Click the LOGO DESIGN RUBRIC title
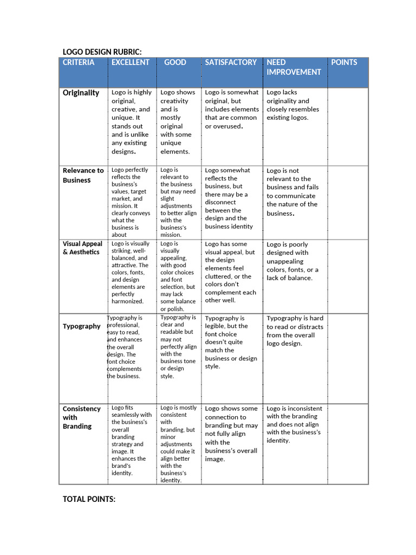(x=102, y=52)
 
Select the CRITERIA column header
(x=79, y=62)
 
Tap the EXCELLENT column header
(x=130, y=62)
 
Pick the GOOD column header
(x=175, y=62)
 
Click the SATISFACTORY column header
(x=231, y=62)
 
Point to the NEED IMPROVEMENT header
(x=294, y=67)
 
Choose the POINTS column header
(x=344, y=62)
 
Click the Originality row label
(x=81, y=93)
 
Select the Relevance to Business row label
(x=83, y=175)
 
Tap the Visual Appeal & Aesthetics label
(x=82, y=248)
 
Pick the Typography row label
(x=81, y=326)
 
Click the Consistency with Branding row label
(x=81, y=417)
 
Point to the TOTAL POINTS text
(x=89, y=499)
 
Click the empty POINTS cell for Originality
(x=348, y=126)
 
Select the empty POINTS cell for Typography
(x=348, y=357)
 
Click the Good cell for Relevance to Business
(x=178, y=202)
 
